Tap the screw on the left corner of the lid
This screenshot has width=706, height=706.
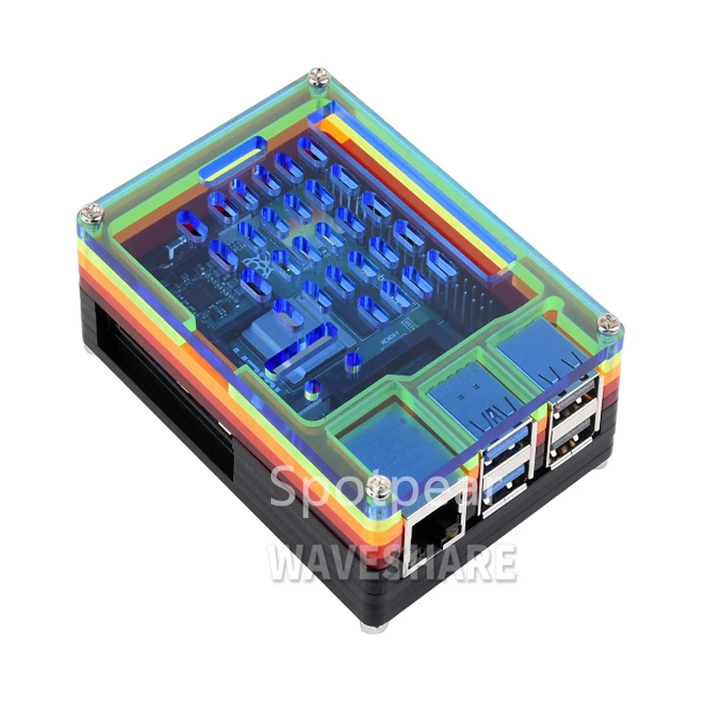(x=91, y=212)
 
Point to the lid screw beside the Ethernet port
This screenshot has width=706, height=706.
(x=379, y=485)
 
